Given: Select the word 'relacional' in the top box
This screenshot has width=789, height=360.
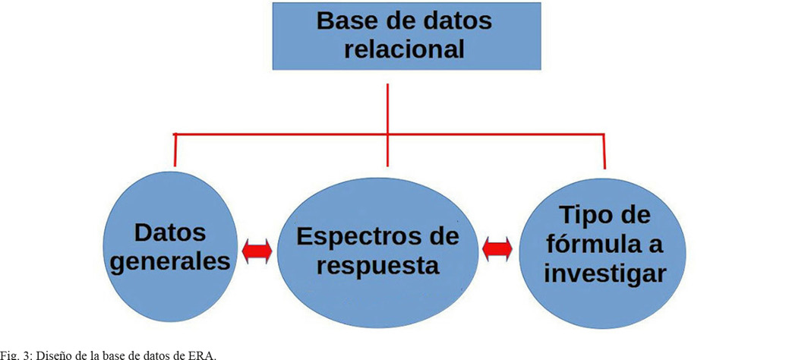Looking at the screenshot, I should [x=403, y=49].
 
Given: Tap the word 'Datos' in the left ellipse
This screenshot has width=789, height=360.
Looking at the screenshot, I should [x=171, y=232].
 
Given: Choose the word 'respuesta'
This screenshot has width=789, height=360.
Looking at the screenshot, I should [x=377, y=267].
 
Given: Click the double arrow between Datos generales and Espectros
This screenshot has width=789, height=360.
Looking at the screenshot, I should [x=257, y=252].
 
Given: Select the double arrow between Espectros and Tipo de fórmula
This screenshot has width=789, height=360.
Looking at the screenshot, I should [x=497, y=248].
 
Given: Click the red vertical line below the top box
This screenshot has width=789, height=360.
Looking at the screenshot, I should [x=388, y=106].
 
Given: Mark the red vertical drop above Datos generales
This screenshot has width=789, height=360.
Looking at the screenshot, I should [x=175, y=150].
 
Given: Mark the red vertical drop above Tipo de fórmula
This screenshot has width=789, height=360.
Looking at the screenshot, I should [x=604, y=152].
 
